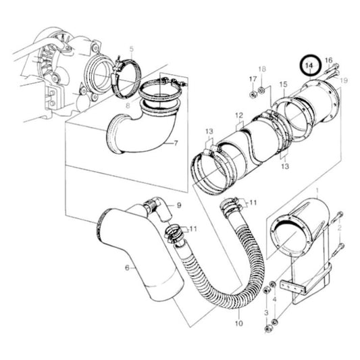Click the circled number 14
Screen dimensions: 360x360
point(310,66)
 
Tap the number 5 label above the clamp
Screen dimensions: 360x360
point(132,48)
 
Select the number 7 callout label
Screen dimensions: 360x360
point(175,143)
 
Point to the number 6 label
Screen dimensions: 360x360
point(126,267)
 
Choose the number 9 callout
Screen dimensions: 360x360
point(179,205)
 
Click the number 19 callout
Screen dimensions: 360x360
point(343,80)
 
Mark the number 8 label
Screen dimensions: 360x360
point(126,105)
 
